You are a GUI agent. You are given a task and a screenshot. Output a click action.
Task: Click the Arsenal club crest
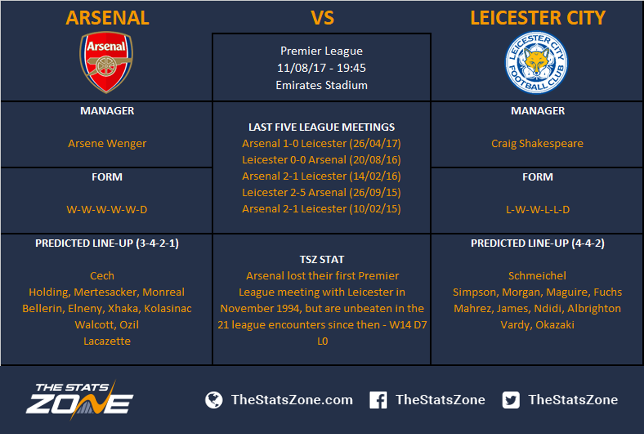pyautogui.click(x=106, y=62)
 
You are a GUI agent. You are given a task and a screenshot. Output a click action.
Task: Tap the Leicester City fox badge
pyautogui.click(x=536, y=62)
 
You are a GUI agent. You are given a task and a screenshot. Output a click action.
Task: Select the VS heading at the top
pyautogui.click(x=323, y=18)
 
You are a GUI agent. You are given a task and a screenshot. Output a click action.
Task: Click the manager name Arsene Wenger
pyautogui.click(x=107, y=143)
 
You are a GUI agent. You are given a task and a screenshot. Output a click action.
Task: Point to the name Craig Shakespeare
pyautogui.click(x=537, y=143)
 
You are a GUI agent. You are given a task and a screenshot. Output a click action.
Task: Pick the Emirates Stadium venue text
pyautogui.click(x=321, y=85)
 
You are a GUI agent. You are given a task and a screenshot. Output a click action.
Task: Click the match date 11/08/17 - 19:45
pyautogui.click(x=321, y=68)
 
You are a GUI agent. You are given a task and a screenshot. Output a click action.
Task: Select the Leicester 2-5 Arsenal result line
pyautogui.click(x=321, y=192)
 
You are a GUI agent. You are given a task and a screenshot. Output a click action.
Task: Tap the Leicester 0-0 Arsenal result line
pyautogui.click(x=321, y=160)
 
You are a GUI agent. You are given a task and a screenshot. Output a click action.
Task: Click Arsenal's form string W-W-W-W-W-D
pyautogui.click(x=107, y=210)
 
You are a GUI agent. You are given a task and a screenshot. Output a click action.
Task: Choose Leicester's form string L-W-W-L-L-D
pyautogui.click(x=537, y=210)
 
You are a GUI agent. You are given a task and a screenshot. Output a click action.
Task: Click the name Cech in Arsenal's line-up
pyautogui.click(x=102, y=276)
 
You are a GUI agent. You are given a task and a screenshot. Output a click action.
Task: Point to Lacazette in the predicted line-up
pyautogui.click(x=107, y=341)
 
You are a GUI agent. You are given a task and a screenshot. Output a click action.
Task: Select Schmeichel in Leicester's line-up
pyautogui.click(x=537, y=276)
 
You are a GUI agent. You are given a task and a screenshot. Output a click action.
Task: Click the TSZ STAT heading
pyautogui.click(x=321, y=260)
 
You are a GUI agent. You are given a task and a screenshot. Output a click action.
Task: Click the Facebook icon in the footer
pyautogui.click(x=378, y=400)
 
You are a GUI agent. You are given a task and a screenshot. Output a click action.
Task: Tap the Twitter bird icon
pyautogui.click(x=511, y=400)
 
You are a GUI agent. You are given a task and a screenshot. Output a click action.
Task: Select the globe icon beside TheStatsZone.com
pyautogui.click(x=214, y=400)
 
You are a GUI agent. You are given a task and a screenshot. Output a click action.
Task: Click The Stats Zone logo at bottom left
pyautogui.click(x=79, y=400)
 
